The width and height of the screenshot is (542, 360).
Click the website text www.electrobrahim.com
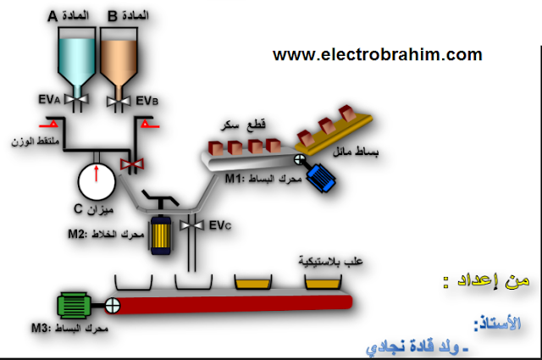(x=377, y=55)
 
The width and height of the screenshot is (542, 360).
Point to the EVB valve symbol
(x=115, y=102)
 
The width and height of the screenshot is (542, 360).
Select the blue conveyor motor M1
(x=322, y=174)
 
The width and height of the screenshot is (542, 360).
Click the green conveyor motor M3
(x=76, y=304)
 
